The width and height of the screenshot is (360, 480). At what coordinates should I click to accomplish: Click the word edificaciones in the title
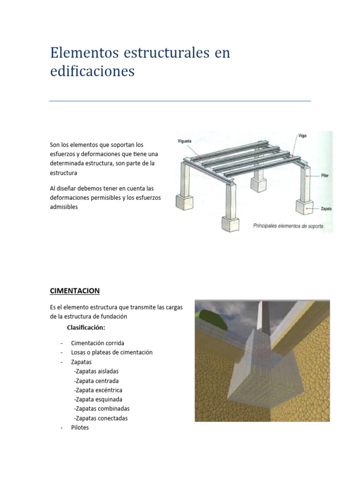click(92, 72)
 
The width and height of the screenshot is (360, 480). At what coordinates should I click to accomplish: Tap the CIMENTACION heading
click(75, 291)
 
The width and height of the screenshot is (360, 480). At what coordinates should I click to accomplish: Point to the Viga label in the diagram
click(302, 135)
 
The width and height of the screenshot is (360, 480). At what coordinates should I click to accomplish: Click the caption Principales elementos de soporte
click(292, 225)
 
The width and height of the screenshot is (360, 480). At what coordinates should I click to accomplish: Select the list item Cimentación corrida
click(97, 343)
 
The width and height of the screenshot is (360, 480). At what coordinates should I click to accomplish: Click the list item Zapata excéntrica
click(98, 390)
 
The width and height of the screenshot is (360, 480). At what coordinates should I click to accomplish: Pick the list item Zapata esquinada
click(98, 399)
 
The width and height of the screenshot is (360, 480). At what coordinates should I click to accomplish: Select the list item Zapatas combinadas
click(101, 409)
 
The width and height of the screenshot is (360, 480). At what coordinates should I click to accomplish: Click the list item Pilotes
click(80, 428)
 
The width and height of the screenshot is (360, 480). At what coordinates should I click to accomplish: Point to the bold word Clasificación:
click(86, 327)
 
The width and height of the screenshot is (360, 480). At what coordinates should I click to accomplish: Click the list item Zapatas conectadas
click(101, 418)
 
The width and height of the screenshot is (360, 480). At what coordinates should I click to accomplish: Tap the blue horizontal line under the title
click(180, 101)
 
